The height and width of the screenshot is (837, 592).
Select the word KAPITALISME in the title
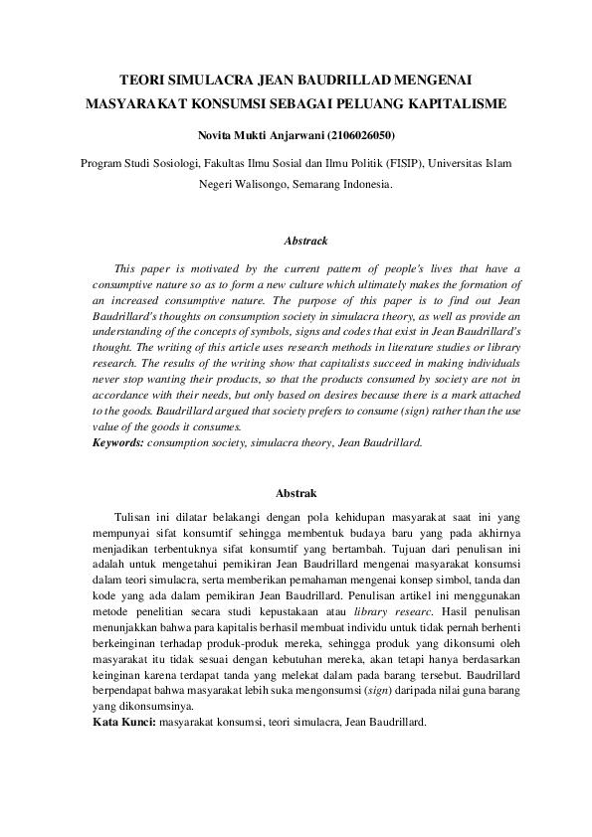pyautogui.click(x=458, y=101)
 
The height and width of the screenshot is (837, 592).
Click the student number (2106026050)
pyautogui.click(x=369, y=131)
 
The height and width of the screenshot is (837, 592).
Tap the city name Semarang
pyautogui.click(x=316, y=183)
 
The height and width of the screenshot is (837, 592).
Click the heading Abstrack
pyautogui.click(x=296, y=242)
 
